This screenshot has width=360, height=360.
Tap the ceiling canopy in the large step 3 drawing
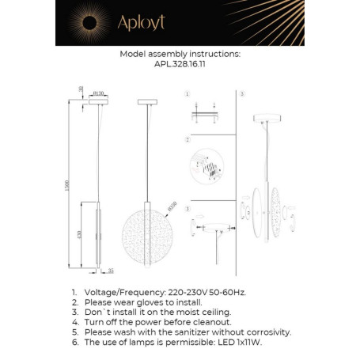click(263, 119)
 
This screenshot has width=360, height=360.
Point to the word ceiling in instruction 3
click(219, 313)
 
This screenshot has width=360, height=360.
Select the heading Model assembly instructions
click(180, 55)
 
